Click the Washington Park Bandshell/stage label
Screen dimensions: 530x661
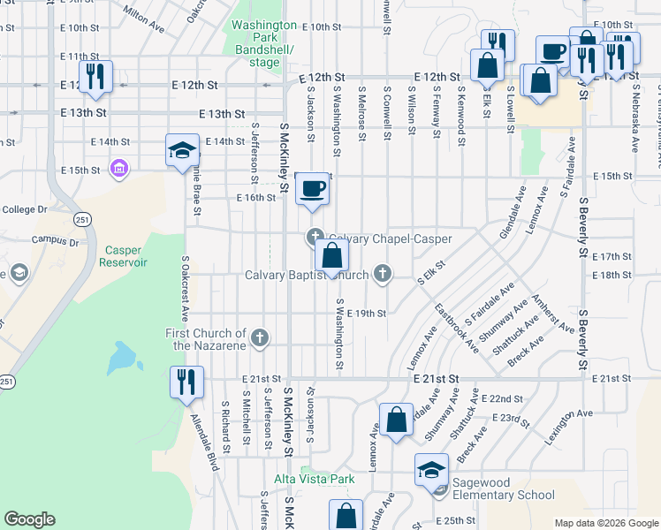click(x=263, y=43)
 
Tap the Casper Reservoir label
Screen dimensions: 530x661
click(x=121, y=256)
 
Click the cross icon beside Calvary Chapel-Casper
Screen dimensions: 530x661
click(x=314, y=237)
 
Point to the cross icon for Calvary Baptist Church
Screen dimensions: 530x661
click(x=383, y=273)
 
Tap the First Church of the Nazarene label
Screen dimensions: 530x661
click(x=206, y=338)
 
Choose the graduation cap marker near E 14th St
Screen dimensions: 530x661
click(x=182, y=149)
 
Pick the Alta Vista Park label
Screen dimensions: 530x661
click(x=314, y=479)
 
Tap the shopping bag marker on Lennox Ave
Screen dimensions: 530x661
click(x=397, y=420)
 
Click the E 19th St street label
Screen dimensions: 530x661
click(x=367, y=314)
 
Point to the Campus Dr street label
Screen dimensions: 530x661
click(x=55, y=239)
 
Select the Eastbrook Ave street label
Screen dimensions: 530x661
click(x=456, y=329)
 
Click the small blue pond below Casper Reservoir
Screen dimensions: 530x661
click(x=125, y=358)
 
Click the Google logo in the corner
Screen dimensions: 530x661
click(x=29, y=519)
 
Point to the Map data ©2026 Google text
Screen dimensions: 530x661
click(x=606, y=523)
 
